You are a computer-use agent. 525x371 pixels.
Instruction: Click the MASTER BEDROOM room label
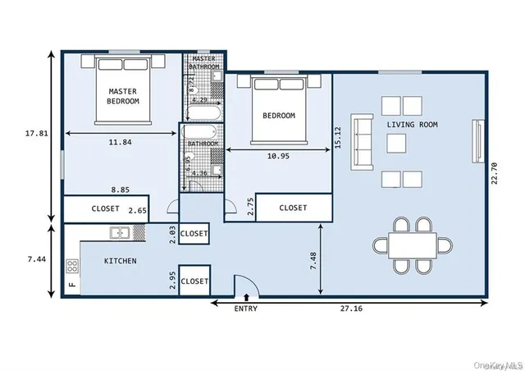click(x=122, y=96)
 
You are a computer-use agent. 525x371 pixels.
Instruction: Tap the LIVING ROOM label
click(x=412, y=125)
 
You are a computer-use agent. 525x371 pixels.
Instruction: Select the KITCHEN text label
click(x=120, y=261)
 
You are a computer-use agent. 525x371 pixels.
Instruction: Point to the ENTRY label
click(x=245, y=309)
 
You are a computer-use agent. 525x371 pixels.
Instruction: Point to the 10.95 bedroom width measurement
click(x=278, y=155)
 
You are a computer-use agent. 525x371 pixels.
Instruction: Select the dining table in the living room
click(x=412, y=244)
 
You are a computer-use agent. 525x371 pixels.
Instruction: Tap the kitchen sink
click(x=120, y=233)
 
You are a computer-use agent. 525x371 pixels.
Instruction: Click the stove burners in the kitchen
click(x=72, y=265)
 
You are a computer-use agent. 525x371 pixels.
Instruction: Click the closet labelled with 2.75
click(x=293, y=208)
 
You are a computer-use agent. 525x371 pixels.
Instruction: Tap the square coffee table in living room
click(x=398, y=144)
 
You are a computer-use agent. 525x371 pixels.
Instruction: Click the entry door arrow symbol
click(x=245, y=296)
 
